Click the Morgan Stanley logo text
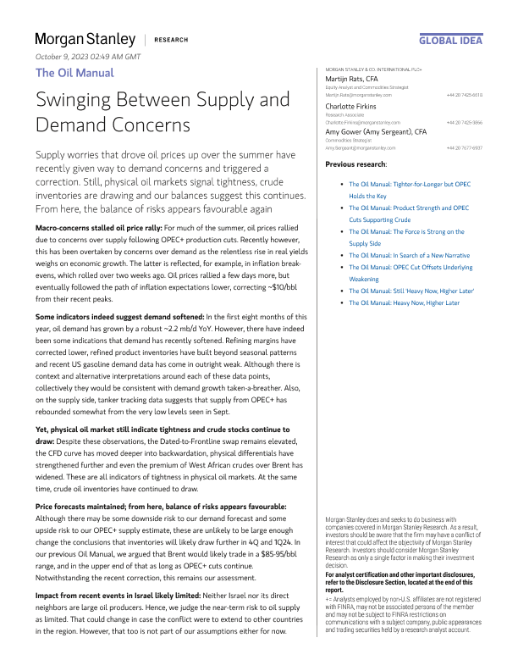85,39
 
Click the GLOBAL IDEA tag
451,40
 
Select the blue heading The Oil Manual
74,73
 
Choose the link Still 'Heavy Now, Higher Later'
408,290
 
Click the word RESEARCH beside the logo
171,40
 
